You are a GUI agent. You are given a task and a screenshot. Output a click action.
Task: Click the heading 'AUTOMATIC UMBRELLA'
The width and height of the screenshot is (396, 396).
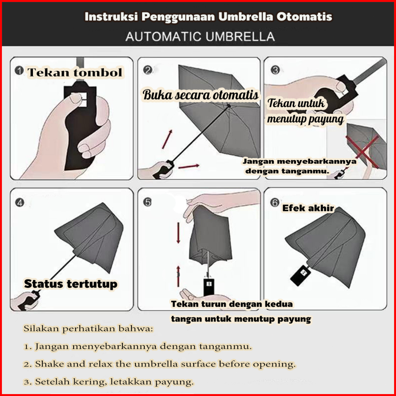200,37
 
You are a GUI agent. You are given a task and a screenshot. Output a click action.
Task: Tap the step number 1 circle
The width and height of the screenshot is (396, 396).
19,70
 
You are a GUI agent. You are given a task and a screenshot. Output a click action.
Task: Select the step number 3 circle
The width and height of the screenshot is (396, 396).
275,70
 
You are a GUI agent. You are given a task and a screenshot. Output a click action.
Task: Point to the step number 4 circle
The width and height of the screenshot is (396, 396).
20,202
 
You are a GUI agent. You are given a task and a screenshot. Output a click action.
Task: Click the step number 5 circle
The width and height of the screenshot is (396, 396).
147,202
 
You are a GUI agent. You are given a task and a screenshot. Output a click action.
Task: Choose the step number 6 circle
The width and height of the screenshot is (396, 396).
275,202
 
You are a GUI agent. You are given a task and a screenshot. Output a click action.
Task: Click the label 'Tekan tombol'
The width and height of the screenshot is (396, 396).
75,72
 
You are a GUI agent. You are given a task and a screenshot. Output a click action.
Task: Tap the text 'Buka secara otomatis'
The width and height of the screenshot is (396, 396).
201,95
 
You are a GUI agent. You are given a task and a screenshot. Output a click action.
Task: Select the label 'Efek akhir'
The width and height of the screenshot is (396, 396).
308,208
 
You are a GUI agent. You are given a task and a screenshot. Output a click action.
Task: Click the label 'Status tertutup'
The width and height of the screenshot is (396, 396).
71,284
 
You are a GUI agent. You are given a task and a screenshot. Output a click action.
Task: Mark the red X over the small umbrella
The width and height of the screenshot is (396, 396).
362,152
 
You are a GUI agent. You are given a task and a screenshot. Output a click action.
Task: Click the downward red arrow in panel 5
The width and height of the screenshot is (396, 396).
178,232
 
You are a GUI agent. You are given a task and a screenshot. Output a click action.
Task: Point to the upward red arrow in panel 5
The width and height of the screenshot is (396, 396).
178,276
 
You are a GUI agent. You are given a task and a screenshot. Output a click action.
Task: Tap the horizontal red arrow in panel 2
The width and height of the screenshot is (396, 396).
189,166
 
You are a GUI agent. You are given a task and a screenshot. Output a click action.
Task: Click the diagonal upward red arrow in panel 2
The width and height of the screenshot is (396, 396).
167,139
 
